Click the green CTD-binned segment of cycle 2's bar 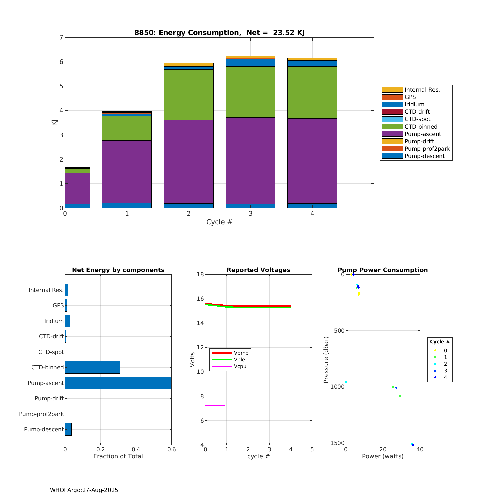point(189,94)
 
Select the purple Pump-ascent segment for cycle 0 point(77,188)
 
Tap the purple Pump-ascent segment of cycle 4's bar point(312,161)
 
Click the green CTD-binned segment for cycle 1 point(127,128)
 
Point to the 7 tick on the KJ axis point(61,37)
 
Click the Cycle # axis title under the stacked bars point(219,222)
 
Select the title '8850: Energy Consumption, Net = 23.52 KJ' point(219,33)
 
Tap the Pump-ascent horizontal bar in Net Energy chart point(118,383)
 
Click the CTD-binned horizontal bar point(93,367)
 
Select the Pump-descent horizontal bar point(68,429)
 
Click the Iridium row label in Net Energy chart point(54,321)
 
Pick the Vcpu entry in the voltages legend point(240,366)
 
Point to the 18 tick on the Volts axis point(200,274)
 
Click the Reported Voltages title point(258,270)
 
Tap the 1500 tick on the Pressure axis point(337,443)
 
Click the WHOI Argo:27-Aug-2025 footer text point(84,490)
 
